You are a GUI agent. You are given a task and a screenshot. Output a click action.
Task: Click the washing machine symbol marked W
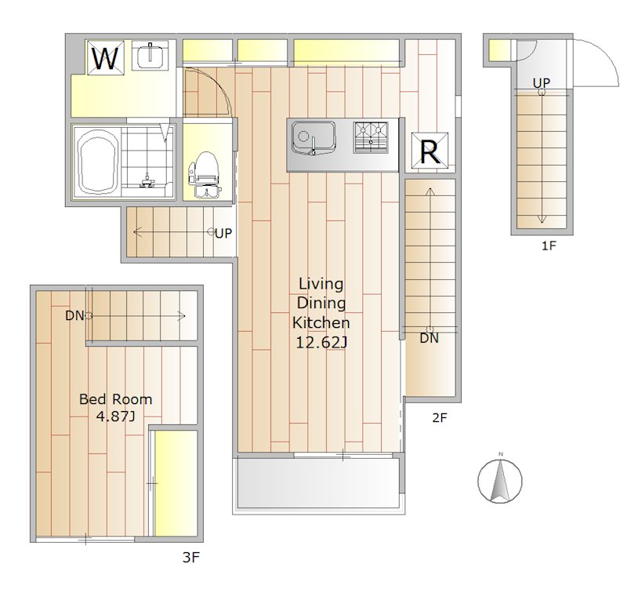click(x=106, y=57)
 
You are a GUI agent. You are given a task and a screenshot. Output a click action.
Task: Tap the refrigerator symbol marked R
click(x=429, y=151)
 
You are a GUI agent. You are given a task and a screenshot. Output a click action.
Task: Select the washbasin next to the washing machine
click(x=150, y=55)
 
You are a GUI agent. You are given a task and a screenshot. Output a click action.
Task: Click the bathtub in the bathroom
click(x=97, y=162)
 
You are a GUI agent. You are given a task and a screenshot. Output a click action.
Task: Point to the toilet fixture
click(x=205, y=174)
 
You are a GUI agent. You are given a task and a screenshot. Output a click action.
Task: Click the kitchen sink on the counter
click(x=313, y=137)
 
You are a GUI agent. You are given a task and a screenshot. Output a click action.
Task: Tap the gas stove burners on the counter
click(x=371, y=137)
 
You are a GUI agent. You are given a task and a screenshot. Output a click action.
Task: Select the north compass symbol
click(x=500, y=479)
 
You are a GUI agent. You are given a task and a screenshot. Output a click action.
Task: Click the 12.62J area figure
click(x=321, y=343)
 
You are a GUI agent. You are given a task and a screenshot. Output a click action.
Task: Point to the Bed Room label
click(x=115, y=399)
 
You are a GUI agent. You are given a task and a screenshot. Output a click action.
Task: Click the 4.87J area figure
click(x=115, y=417)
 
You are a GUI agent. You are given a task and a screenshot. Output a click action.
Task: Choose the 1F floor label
click(x=549, y=246)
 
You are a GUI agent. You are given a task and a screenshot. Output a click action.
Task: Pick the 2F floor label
click(x=440, y=418)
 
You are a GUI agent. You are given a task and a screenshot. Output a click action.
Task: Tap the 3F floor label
click(x=190, y=557)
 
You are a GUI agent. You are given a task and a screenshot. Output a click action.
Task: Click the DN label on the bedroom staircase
click(x=74, y=315)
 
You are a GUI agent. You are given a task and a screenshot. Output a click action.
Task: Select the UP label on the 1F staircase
click(x=542, y=83)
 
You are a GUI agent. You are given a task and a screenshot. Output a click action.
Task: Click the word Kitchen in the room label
click(x=321, y=322)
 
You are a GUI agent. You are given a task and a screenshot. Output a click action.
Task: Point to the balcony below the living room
click(x=318, y=483)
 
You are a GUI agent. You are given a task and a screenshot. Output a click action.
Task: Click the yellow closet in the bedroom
click(x=176, y=483)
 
